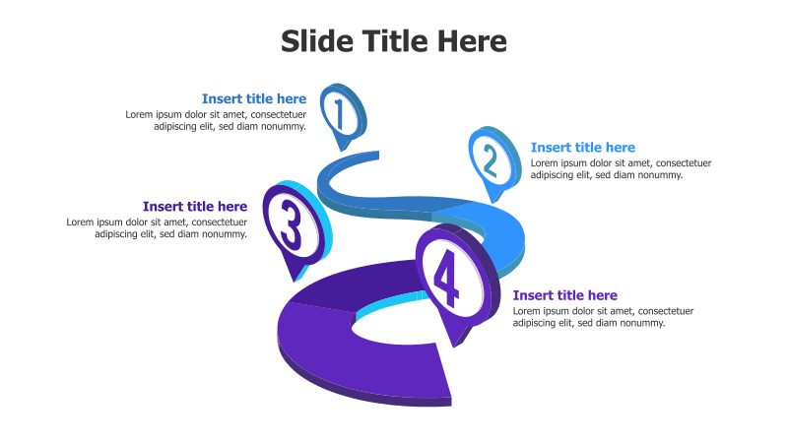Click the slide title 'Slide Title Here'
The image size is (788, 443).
point(394,41)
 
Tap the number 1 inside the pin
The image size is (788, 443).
point(339,114)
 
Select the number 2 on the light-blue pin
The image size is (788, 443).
point(490,158)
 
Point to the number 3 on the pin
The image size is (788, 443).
point(292,224)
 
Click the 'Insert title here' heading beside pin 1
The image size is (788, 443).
point(254,98)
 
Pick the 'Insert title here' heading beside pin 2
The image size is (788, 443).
point(583,148)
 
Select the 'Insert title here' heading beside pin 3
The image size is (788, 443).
point(195,207)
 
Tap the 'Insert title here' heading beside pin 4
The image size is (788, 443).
point(565,295)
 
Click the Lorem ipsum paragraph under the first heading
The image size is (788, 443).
point(216,120)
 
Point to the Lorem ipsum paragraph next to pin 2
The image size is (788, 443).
point(621,169)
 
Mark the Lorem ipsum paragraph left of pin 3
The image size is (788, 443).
point(157,228)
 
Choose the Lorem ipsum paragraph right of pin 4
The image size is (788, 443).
point(603,317)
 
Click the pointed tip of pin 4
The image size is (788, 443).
point(455,346)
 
